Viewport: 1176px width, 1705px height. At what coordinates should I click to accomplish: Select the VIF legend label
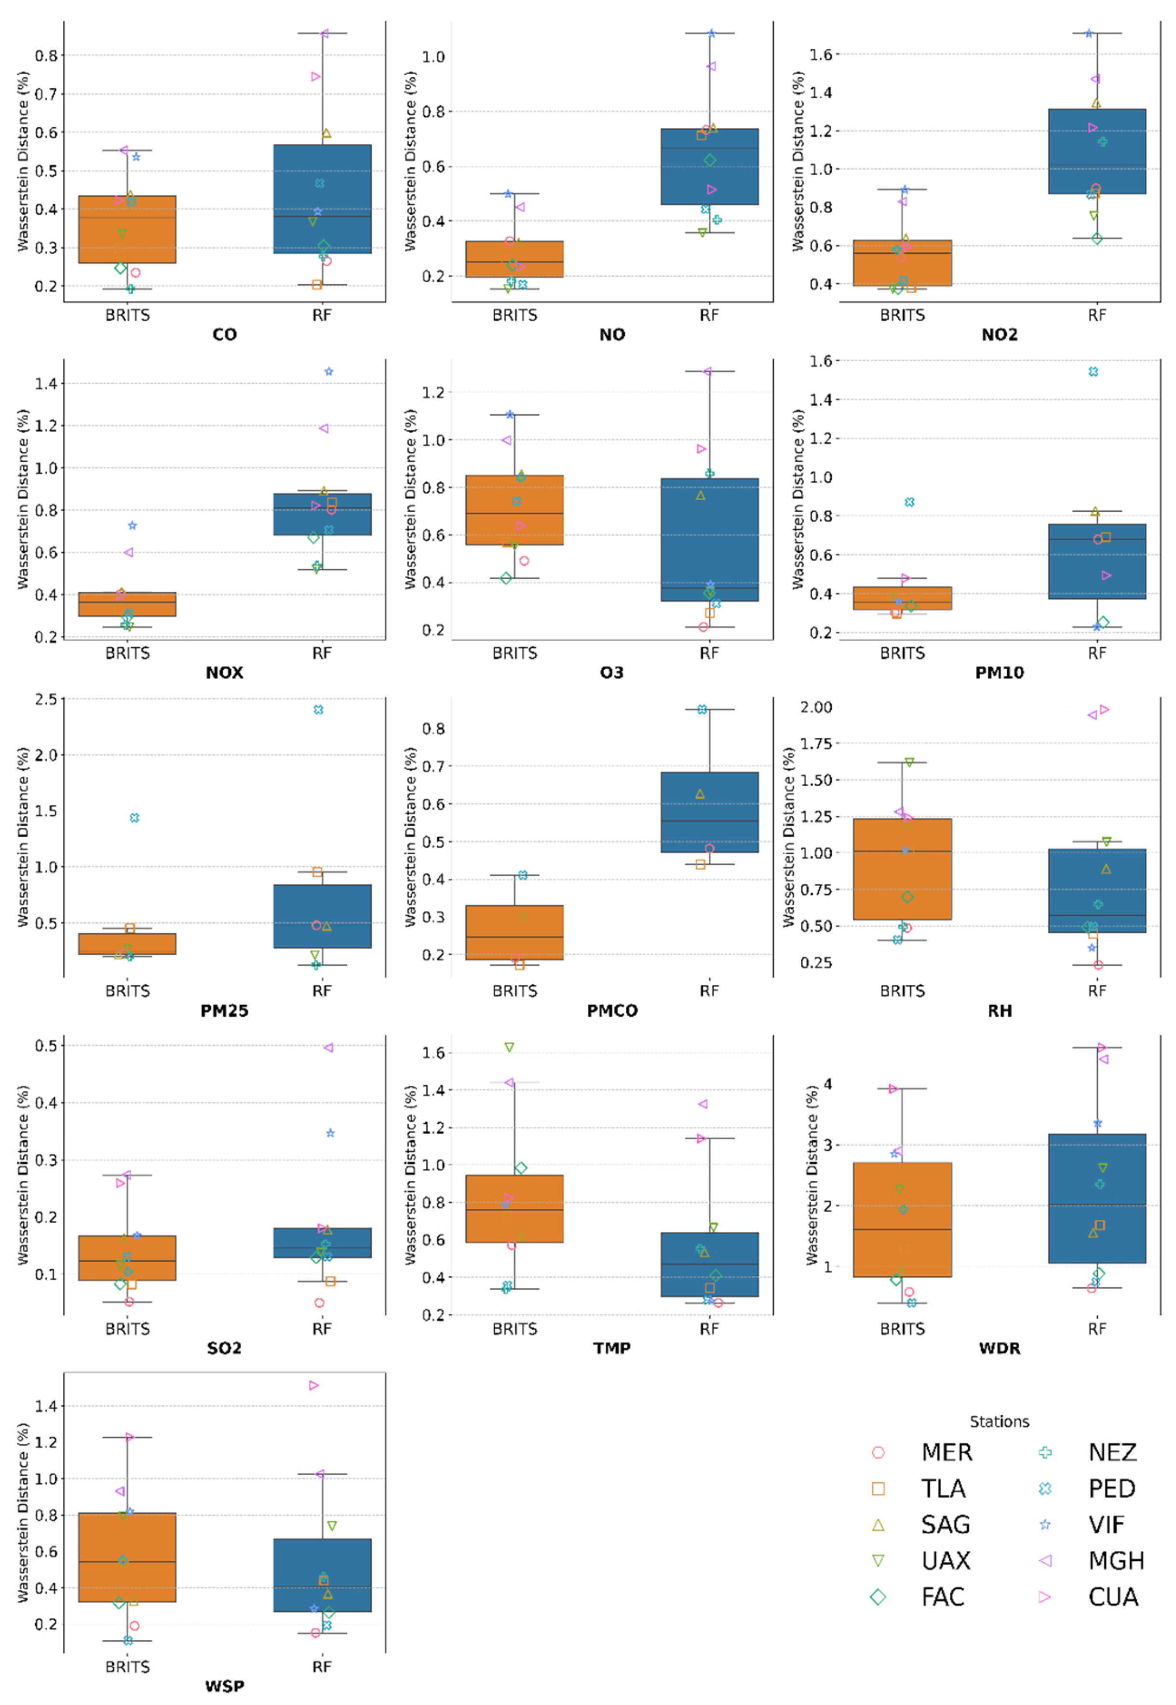tap(1105, 1525)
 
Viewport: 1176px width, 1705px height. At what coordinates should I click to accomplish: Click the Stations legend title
tap(999, 1421)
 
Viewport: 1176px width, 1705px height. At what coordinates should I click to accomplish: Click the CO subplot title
tap(225, 335)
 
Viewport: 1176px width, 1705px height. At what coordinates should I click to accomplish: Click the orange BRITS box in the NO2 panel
tap(902, 263)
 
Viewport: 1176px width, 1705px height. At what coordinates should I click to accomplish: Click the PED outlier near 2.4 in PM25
tap(318, 710)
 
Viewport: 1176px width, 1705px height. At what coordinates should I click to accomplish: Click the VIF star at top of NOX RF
tap(329, 371)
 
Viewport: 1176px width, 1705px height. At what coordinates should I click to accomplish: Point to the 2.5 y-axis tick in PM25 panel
tap(46, 699)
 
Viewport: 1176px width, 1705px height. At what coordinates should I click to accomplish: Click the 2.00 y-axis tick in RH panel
tap(816, 707)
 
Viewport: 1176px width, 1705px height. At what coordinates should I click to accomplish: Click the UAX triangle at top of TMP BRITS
tap(509, 1047)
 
